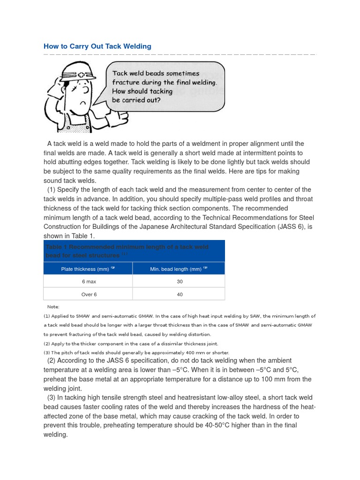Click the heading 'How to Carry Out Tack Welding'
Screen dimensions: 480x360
97,46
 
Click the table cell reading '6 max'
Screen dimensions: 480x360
89,282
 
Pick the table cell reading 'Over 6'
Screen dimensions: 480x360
89,294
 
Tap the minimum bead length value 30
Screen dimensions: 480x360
180,282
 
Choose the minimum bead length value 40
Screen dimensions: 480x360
180,294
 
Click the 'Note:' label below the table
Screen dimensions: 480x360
53,307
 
